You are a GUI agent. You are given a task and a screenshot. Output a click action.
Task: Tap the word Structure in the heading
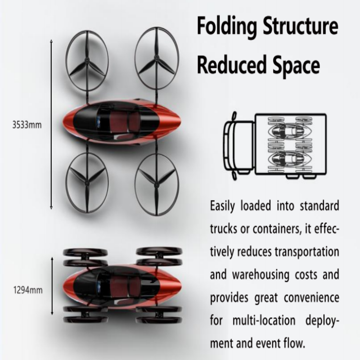[301, 27]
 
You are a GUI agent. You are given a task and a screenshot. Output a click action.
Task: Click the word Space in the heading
[296, 66]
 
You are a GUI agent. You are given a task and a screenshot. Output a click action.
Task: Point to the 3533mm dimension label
[27, 125]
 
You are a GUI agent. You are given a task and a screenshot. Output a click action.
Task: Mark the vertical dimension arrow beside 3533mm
[51, 125]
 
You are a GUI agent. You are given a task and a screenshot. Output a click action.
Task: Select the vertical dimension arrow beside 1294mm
[53, 287]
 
